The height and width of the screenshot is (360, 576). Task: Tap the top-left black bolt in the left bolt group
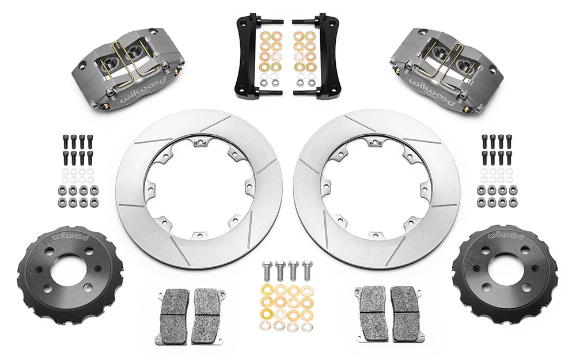(x=63, y=141)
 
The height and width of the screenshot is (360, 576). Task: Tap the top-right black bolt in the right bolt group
(x=509, y=141)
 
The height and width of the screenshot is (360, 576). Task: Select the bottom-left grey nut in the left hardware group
(x=62, y=202)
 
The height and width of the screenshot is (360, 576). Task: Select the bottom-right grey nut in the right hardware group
(x=510, y=202)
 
